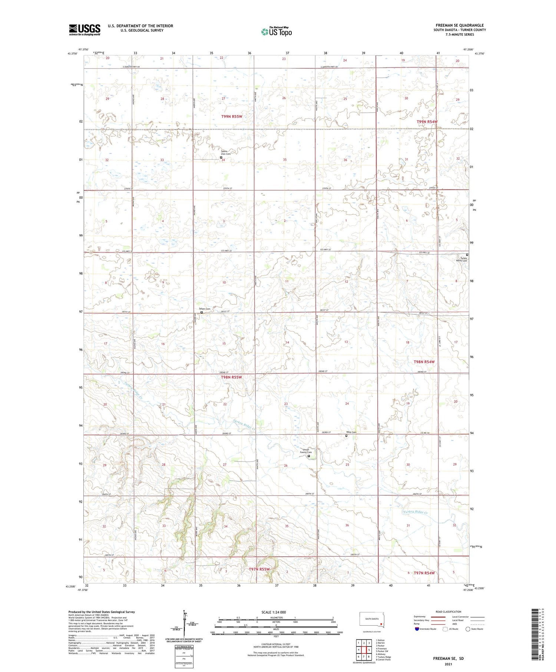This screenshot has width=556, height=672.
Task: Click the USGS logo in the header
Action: (x=85, y=30)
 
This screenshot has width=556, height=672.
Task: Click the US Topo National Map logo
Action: (x=277, y=32)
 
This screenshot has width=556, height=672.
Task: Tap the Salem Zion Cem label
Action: (x=226, y=152)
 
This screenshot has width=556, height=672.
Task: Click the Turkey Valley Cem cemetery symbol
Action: (x=467, y=255)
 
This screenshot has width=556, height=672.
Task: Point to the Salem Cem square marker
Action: (x=202, y=312)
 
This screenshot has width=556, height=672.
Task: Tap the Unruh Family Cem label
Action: (x=306, y=451)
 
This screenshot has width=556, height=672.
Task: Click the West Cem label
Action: (x=351, y=432)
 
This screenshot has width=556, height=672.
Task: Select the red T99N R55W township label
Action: (x=232, y=116)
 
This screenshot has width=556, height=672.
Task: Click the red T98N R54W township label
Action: (x=424, y=361)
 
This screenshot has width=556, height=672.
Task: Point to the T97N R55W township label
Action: (x=259, y=569)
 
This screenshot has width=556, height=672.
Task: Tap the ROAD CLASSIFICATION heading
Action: (x=449, y=612)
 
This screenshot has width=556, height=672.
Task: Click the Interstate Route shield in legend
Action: (x=417, y=629)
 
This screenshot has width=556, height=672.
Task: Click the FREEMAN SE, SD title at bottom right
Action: (x=448, y=659)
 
